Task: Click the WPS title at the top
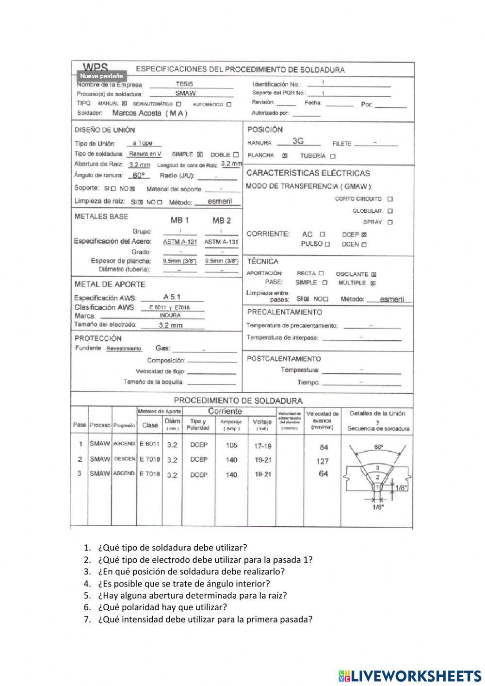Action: (x=96, y=67)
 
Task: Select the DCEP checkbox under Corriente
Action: (x=364, y=234)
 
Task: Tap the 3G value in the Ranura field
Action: (x=298, y=141)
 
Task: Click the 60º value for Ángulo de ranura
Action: (x=138, y=176)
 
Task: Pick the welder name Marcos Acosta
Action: (x=149, y=113)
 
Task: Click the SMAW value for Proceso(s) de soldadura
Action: (x=185, y=93)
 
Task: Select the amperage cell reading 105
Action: (x=231, y=445)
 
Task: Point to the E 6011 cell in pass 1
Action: (x=149, y=444)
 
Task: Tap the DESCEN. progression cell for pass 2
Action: (x=124, y=459)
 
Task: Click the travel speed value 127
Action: (x=323, y=461)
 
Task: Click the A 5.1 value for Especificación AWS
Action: (x=173, y=297)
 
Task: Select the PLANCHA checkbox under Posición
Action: (x=285, y=156)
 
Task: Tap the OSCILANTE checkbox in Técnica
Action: (x=373, y=274)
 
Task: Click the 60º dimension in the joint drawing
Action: (x=379, y=447)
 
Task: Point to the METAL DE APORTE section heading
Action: (x=110, y=284)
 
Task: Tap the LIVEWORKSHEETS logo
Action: (x=410, y=675)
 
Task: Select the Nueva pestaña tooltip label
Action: (x=101, y=76)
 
